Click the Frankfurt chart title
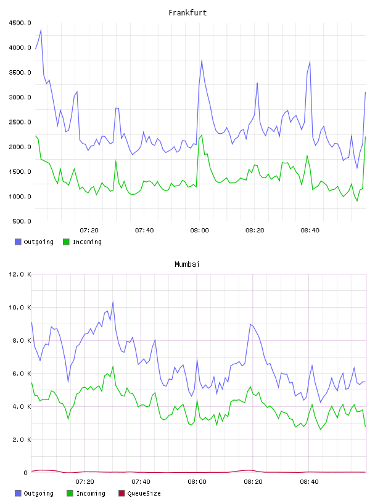187,13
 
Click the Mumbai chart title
187,264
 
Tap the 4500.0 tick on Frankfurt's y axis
20,23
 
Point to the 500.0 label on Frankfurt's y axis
22,221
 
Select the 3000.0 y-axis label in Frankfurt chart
20,97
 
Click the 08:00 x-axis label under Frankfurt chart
199,231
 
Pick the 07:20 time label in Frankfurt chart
89,231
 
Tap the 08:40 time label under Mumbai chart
309,482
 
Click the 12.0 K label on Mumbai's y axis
20,274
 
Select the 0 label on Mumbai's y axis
26,473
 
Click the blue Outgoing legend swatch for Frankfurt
18,242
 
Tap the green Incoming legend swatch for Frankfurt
66,242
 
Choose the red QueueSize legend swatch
122,493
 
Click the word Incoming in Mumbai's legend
91,493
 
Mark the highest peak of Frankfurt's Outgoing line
41,30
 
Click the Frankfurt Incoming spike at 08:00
202,135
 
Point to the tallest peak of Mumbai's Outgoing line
113,301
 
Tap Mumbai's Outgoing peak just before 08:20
250,324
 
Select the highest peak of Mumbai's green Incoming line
113,366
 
